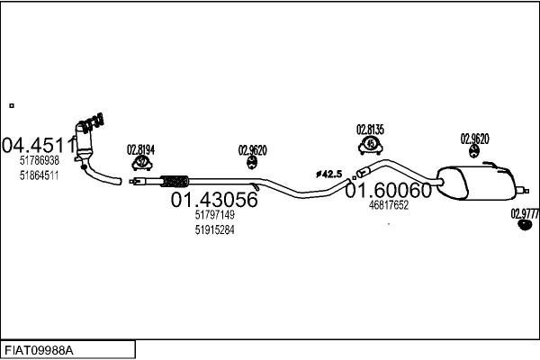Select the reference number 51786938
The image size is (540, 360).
coord(39,160)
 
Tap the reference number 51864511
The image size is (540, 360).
coord(39,175)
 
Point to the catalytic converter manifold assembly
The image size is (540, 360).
coord(89,135)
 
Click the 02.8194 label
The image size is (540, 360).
coord(140,149)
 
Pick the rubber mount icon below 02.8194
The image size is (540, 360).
coord(141,164)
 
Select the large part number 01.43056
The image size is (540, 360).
coord(214,200)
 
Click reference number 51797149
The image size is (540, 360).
coord(214,215)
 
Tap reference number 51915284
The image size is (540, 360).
coord(214,230)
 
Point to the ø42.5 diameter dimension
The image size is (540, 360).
coord(328,174)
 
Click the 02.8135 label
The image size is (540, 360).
coord(370,130)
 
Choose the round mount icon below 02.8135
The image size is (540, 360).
coord(370,145)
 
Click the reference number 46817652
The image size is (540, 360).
coord(389,205)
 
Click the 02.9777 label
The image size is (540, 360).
coord(525,213)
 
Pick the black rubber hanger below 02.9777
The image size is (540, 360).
coord(525,225)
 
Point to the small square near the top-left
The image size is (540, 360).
coord(11,105)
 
